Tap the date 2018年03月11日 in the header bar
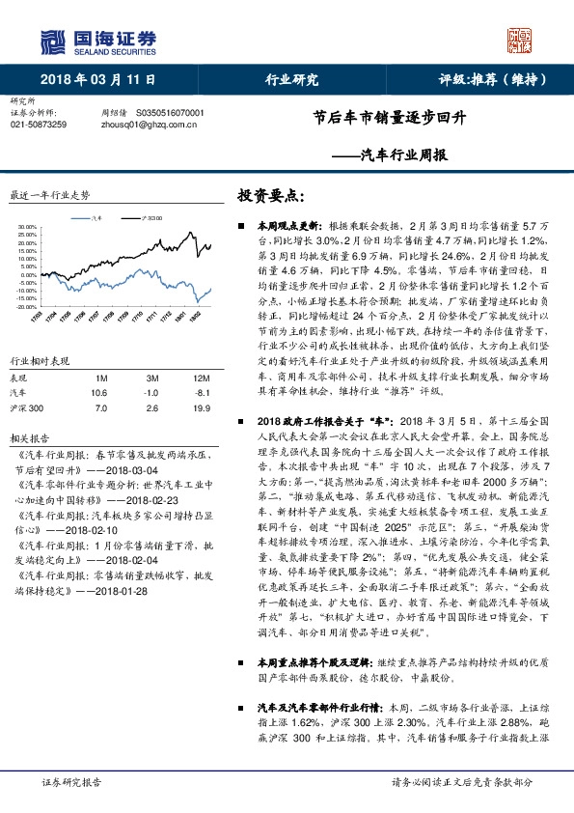coord(98,80)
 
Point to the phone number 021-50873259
coord(39,125)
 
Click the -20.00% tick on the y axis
coord(26,307)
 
